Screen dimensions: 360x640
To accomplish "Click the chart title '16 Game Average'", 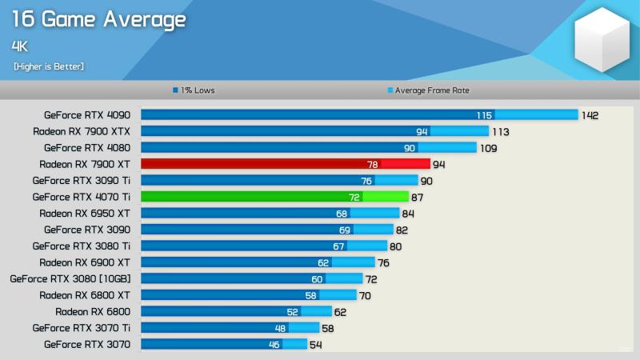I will coord(100,20).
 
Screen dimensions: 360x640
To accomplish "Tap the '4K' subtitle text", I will coord(20,46).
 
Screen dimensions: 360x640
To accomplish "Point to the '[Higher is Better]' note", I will coord(49,66).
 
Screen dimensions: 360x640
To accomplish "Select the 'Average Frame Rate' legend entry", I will coord(428,90).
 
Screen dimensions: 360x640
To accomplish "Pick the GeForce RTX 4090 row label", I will coord(87,114).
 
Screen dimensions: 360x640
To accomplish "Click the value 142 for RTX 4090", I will coord(590,115).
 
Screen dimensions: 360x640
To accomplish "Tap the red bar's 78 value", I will coord(372,164).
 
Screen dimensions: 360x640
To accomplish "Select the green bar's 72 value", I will coord(354,197).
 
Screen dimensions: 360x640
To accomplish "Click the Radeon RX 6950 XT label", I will coord(85,213).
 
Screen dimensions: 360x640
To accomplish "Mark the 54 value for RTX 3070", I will coord(315,344).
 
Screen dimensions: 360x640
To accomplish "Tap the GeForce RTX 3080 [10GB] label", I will coord(70,278).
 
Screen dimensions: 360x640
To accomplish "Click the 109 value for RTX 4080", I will coord(488,148).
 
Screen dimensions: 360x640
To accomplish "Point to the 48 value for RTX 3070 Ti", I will coord(281,328).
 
